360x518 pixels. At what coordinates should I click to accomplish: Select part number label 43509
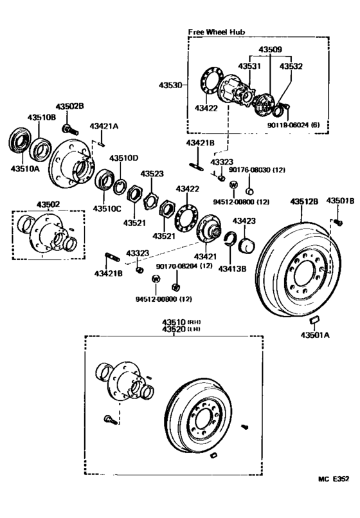pos(271,49)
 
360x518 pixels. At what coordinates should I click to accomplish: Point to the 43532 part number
pos(291,66)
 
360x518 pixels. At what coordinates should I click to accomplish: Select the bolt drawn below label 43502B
pos(67,120)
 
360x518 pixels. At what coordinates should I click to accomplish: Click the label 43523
pos(152,174)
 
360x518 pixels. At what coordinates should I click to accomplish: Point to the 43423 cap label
pos(244,221)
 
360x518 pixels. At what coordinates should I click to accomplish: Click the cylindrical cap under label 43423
pos(248,245)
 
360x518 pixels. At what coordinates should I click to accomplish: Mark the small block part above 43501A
pos(313,319)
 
